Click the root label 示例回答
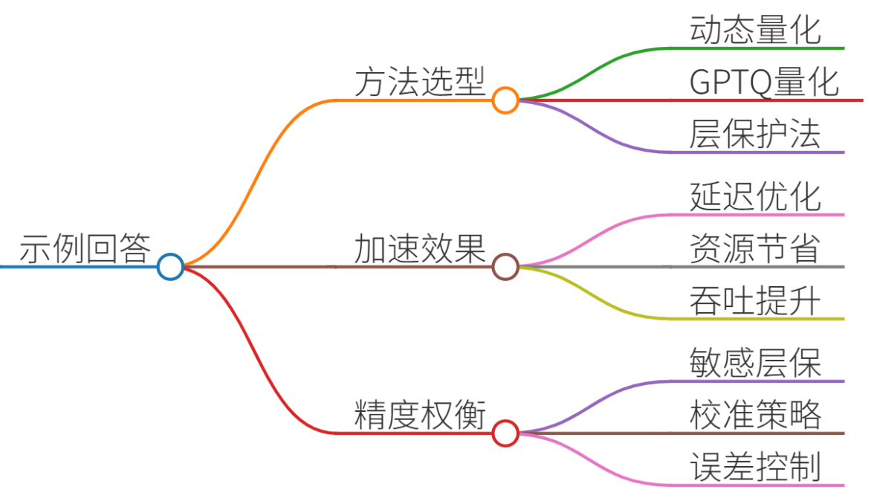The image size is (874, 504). tap(85, 248)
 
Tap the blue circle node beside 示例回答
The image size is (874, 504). tap(171, 266)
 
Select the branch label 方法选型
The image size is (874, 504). tap(421, 82)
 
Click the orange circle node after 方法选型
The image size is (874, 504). tap(505, 100)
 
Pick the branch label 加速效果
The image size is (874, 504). tap(421, 248)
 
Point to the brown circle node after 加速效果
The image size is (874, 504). tap(505, 266)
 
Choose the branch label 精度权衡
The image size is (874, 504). tap(421, 415)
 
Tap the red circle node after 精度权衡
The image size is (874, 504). tap(505, 433)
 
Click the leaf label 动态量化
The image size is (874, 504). tap(755, 30)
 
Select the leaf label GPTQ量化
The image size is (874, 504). tap(764, 82)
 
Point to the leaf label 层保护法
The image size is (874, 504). tap(755, 134)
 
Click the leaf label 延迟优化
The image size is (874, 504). tap(755, 196)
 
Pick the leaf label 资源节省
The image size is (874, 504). tap(755, 248)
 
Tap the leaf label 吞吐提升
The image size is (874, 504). tap(755, 300)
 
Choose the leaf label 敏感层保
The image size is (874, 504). tap(755, 363)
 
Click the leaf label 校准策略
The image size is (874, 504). tap(755, 415)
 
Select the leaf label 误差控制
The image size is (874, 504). tap(755, 467)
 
